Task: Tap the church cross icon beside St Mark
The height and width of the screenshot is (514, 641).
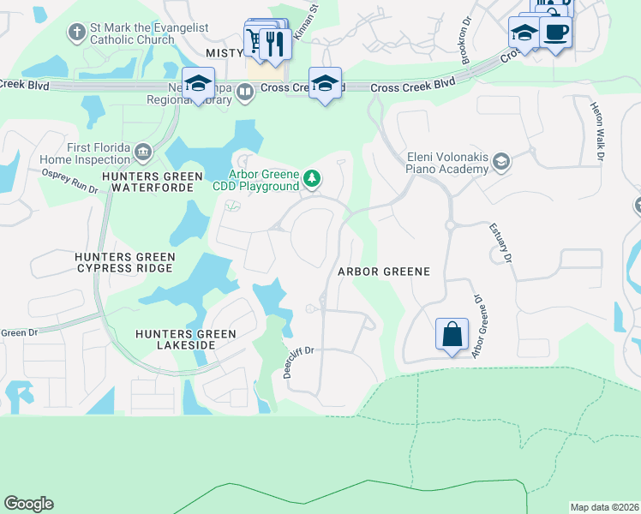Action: (x=75, y=33)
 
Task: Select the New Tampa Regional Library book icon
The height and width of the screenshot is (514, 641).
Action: (x=245, y=92)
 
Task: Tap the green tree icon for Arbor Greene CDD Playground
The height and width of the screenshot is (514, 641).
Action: (x=314, y=178)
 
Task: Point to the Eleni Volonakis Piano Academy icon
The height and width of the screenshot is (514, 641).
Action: (x=501, y=162)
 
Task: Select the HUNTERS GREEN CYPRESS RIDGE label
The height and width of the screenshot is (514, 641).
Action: (x=125, y=263)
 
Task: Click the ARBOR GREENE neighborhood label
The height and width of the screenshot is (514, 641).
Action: (x=383, y=271)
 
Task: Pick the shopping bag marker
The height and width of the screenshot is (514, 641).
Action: (x=452, y=332)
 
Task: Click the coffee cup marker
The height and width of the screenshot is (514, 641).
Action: (x=555, y=33)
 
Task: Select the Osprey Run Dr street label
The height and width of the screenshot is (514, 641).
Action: (x=70, y=182)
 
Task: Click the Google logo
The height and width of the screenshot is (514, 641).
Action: (x=28, y=504)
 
